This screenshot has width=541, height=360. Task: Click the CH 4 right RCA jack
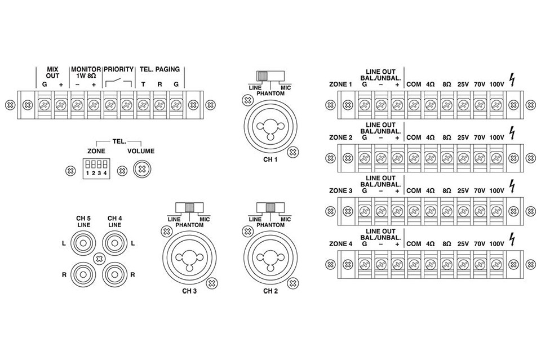click(114, 274)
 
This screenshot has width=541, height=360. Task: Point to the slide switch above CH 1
click(270, 76)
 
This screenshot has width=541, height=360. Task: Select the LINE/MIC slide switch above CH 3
click(189, 207)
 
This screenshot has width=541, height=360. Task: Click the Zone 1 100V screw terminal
click(496, 104)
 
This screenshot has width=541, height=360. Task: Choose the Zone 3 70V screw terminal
click(480, 211)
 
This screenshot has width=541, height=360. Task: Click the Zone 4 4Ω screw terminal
click(430, 264)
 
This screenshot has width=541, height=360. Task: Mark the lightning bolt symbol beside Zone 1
click(512, 81)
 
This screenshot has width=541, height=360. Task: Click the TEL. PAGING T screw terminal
click(144, 104)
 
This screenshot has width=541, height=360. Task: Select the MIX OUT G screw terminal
click(45, 104)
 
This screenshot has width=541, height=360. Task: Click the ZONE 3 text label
click(340, 191)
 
